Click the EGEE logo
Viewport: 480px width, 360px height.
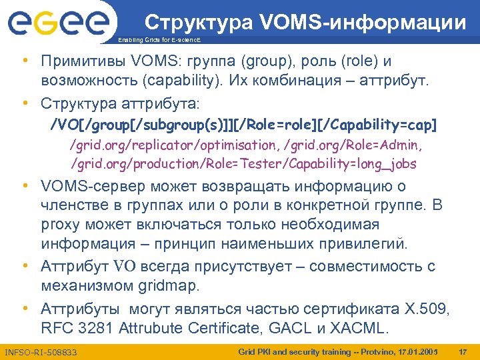pyautogui.click(x=58, y=24)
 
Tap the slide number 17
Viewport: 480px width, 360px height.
pyautogui.click(x=464, y=351)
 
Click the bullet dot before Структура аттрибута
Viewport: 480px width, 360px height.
pyautogui.click(x=25, y=105)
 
